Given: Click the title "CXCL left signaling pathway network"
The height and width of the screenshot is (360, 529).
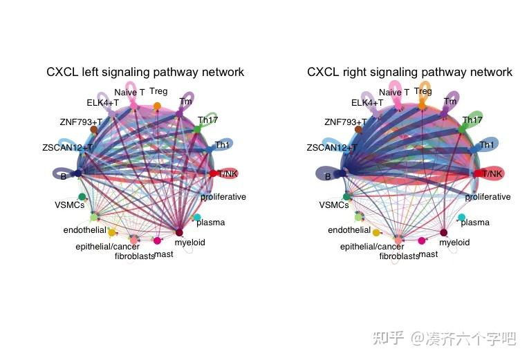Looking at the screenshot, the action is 145,72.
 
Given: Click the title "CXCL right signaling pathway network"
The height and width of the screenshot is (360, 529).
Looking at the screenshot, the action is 409,72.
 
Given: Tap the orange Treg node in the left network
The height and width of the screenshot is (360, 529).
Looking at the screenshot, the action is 157,106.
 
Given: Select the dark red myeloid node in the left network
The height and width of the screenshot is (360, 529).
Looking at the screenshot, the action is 179,232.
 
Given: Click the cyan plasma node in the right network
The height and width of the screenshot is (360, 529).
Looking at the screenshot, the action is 462,218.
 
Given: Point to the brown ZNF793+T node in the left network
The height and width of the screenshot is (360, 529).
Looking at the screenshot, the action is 93,129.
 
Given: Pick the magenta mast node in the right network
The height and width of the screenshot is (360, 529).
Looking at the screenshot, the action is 423,241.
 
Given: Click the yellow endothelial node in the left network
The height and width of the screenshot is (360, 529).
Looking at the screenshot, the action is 112,232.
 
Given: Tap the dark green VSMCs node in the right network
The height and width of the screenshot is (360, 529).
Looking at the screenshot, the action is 346,197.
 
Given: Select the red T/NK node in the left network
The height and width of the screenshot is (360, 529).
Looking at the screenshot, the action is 213,173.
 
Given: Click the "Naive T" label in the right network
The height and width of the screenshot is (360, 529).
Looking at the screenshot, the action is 394,92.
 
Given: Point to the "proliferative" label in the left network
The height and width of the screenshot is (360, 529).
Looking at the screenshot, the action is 223,197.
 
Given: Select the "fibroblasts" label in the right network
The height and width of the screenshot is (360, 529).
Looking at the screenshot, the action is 399,256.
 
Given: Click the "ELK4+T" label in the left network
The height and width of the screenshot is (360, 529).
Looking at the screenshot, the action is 102,103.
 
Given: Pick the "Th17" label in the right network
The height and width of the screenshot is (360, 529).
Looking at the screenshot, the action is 472,120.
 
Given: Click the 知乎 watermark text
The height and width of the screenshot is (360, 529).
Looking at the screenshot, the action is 388,338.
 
